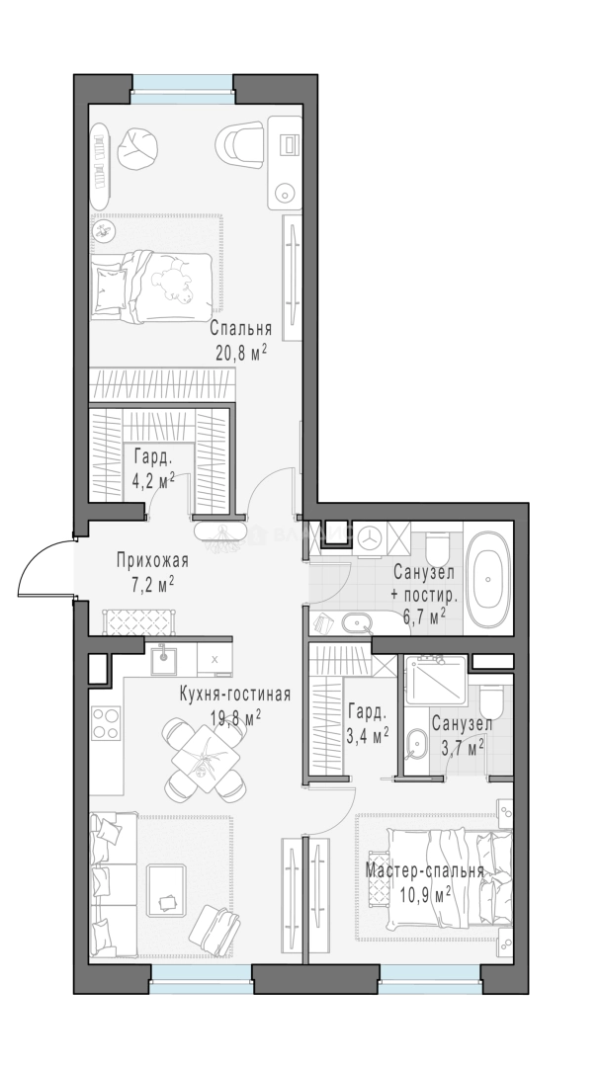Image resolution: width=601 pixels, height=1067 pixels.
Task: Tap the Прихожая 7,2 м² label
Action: tap(152, 572)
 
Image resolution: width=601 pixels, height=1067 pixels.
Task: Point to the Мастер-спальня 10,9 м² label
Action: tap(425, 882)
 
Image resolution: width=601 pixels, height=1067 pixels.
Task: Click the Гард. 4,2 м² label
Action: tap(154, 467)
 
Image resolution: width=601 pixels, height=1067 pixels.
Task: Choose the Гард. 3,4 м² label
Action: tap(368, 723)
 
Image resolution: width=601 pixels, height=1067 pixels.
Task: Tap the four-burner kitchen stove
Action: tap(106, 722)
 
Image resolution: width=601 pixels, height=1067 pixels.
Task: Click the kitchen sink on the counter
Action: tap(163, 658)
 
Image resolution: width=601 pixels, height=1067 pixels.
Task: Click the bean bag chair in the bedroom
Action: tap(138, 148)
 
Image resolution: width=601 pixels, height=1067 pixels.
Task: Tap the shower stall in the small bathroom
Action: tap(435, 681)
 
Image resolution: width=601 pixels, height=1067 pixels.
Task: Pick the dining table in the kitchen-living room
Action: tap(204, 758)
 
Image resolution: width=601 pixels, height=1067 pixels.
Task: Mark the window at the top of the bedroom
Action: tap(183, 89)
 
